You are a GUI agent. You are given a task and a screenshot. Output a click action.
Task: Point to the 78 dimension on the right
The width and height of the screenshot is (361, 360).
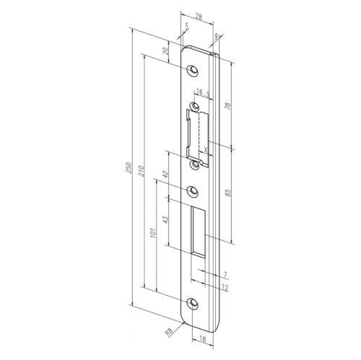pos(229,106)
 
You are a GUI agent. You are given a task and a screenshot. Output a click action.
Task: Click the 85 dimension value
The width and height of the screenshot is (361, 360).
pos(229,193)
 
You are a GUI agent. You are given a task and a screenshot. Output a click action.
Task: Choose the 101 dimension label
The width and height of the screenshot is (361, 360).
pos(154,235)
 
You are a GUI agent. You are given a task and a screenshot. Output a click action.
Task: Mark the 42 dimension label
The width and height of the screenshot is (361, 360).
pos(167,175)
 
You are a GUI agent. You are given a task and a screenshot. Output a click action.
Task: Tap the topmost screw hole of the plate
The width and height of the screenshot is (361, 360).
pos(193,70)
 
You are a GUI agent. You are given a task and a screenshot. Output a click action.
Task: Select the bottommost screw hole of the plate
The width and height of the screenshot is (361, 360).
pos(193,303)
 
